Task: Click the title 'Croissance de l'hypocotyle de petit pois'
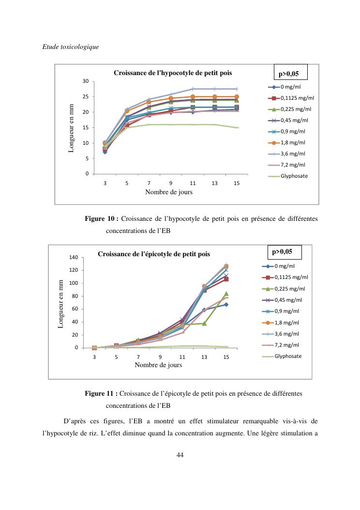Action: [173, 73]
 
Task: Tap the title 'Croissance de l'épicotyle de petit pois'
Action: [154, 254]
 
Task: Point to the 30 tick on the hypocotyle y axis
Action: [85, 81]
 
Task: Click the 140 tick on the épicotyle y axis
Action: [75, 257]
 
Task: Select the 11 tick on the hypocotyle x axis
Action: [193, 184]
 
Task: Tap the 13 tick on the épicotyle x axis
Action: [204, 357]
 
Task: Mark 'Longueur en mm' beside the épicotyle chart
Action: [61, 303]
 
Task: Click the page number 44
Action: [180, 454]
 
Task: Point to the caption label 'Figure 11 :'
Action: [102, 393]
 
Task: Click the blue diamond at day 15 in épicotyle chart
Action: [226, 305]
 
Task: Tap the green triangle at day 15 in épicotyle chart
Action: [226, 294]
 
